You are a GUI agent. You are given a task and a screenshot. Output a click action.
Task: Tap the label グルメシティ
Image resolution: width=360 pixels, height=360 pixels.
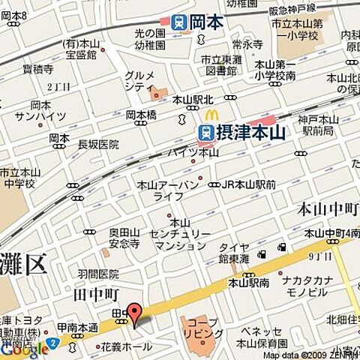139,81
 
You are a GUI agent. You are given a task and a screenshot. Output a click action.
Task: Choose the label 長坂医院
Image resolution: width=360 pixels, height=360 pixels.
98,144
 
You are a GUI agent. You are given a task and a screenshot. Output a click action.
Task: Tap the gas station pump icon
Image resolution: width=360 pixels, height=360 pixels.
282,247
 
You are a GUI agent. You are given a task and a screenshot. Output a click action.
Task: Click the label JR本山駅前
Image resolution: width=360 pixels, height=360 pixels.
247,184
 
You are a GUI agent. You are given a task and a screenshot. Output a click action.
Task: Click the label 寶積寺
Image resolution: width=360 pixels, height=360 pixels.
37,69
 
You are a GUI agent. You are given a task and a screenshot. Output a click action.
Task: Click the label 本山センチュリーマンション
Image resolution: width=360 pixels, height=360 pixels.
179,234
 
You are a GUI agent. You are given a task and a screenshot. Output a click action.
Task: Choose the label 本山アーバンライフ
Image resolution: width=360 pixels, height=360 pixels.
169,190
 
